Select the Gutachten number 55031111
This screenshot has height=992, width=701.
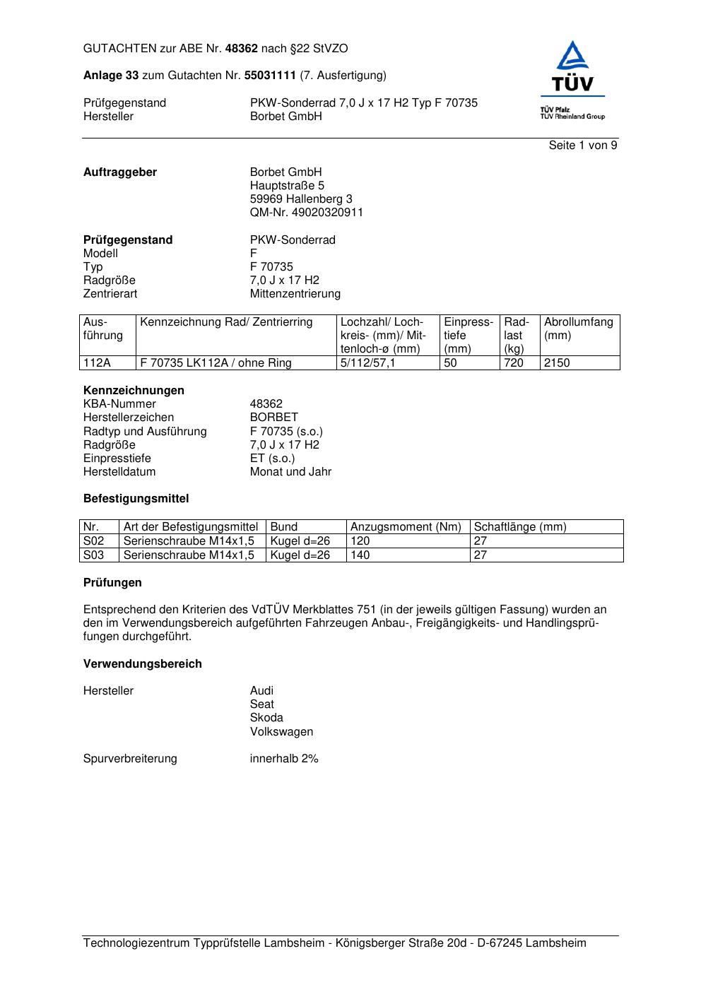pos(269,76)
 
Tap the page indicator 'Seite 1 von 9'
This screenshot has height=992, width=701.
pos(583,146)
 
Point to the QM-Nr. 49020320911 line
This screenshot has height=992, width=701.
pos(306,213)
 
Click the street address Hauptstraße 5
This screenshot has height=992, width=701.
pos(287,186)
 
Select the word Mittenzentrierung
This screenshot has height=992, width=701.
pos(295,294)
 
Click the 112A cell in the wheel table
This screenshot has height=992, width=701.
pos(97,363)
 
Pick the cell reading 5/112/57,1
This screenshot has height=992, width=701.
pos(367,363)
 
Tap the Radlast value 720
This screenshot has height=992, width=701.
pos(514,363)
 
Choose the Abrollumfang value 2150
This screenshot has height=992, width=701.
pos(557,363)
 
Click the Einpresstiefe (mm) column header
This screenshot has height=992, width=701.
pos(469,335)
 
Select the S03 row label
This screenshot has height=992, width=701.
pos(93,555)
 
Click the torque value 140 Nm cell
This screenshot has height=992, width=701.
pos(360,555)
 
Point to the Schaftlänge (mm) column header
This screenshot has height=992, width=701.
pos(520,527)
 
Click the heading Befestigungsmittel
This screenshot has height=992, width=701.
pos(136,499)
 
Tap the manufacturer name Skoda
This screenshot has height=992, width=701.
pos(266,718)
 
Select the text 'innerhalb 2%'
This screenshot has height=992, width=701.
pos(284,759)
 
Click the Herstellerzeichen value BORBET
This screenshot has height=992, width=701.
pos(273,418)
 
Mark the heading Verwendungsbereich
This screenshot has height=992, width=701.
pos(142,664)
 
